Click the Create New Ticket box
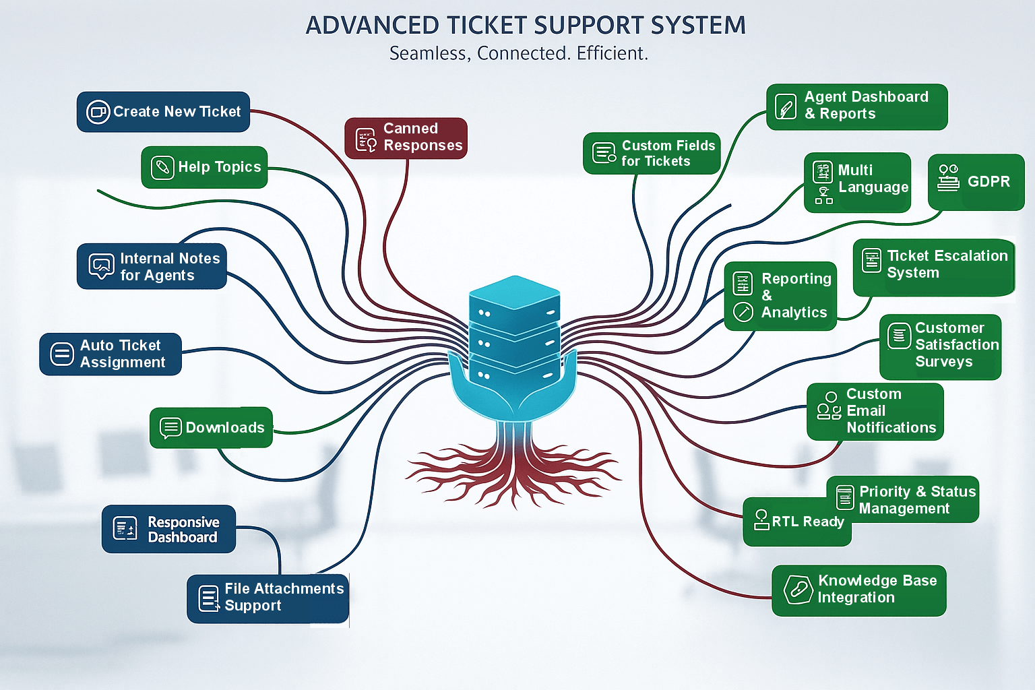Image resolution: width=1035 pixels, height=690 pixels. [163, 112]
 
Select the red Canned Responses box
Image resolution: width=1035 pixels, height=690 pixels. [406, 138]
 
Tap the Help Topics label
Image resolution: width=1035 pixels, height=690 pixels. [219, 167]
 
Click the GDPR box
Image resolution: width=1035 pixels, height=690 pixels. [976, 182]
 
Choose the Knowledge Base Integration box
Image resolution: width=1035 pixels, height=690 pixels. [858, 590]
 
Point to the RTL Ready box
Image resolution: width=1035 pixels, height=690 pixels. [797, 522]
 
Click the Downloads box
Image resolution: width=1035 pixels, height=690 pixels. [211, 427]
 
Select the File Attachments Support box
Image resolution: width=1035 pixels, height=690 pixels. [268, 598]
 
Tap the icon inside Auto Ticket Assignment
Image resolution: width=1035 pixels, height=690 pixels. [62, 354]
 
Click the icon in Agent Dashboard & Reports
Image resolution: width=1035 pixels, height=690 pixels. [786, 106]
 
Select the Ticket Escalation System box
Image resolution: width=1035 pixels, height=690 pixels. [933, 267]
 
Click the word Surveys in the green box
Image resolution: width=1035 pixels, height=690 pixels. [943, 362]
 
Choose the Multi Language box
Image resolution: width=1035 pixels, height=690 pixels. [857, 182]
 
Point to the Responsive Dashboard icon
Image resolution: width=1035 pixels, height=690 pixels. [125, 529]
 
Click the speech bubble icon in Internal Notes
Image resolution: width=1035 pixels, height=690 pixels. [101, 266]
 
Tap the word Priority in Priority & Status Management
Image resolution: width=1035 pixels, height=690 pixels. [884, 492]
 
